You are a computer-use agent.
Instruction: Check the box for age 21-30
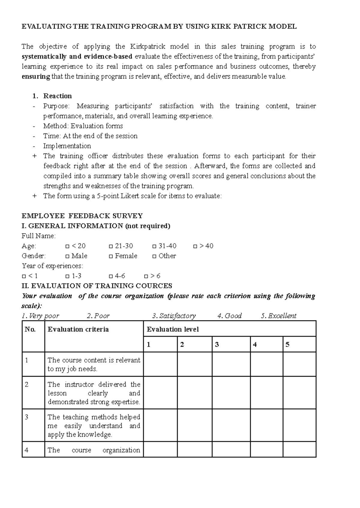click(111, 246)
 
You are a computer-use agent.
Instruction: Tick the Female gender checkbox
click(111, 256)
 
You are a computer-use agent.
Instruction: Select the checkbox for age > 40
click(195, 246)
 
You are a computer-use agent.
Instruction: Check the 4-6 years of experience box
click(111, 276)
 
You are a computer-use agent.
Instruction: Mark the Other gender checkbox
click(154, 256)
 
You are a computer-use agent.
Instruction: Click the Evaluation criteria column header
click(78, 329)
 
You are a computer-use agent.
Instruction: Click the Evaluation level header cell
click(173, 329)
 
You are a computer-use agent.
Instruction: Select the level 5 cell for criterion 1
click(299, 364)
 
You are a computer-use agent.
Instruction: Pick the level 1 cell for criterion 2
click(160, 393)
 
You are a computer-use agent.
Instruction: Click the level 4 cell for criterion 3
click(266, 425)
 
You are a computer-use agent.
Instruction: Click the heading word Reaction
click(58, 96)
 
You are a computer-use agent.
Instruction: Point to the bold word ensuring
click(36, 76)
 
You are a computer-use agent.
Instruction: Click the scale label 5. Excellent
click(279, 316)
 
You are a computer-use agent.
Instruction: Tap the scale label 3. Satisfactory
click(174, 316)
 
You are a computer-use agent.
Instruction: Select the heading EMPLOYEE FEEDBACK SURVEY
click(82, 216)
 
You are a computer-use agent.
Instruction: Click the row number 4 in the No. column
click(27, 450)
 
